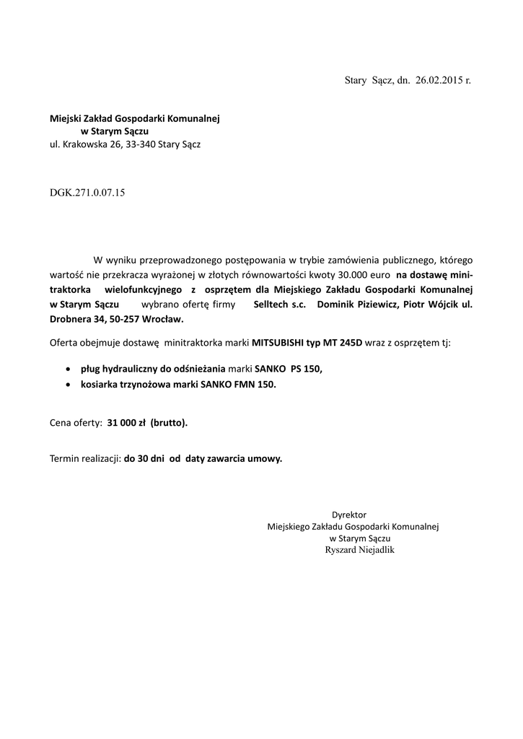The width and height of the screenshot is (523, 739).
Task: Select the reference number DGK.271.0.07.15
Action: pyautogui.click(x=87, y=193)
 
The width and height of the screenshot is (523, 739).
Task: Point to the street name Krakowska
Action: pyautogui.click(x=86, y=144)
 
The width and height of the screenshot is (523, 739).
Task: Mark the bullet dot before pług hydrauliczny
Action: pyautogui.click(x=68, y=368)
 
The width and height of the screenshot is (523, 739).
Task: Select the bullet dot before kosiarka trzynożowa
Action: pyautogui.click(x=68, y=385)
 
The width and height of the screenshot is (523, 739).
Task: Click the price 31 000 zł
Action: pyautogui.click(x=127, y=423)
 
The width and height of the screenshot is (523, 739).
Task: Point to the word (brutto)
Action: pyautogui.click(x=170, y=423)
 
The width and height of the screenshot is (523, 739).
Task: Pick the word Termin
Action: pyautogui.click(x=64, y=458)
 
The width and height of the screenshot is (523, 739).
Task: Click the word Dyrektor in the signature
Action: pyautogui.click(x=349, y=515)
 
